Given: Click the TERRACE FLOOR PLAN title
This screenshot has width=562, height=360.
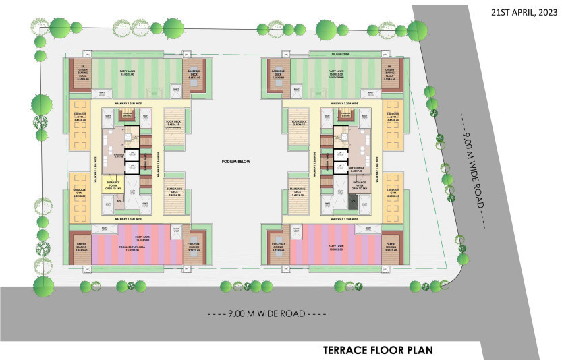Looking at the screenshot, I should [377, 350].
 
